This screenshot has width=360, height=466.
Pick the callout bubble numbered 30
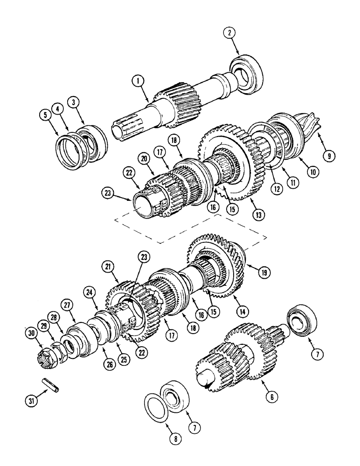[31, 333]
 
